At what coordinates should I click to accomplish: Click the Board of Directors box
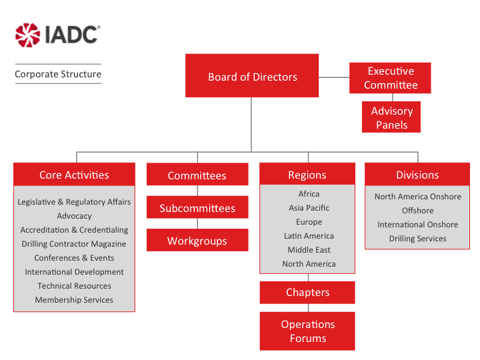pyautogui.click(x=252, y=77)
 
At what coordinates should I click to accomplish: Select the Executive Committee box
pyautogui.click(x=391, y=78)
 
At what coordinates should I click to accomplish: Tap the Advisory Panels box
pyautogui.click(x=391, y=118)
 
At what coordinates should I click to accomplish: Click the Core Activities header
pyautogui.click(x=74, y=175)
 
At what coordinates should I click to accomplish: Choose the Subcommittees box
pyautogui.click(x=197, y=208)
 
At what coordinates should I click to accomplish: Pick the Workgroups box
pyautogui.click(x=197, y=241)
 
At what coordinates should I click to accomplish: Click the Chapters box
pyautogui.click(x=307, y=292)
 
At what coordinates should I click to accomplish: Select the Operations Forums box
pyautogui.click(x=307, y=331)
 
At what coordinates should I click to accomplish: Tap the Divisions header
pyautogui.click(x=417, y=175)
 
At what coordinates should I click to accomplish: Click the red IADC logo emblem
pyautogui.click(x=28, y=35)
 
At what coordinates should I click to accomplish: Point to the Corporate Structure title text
pyautogui.click(x=58, y=74)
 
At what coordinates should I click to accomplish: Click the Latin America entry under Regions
pyautogui.click(x=309, y=236)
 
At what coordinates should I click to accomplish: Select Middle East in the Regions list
pyautogui.click(x=309, y=250)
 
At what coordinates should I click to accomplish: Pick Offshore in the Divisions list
pyautogui.click(x=417, y=211)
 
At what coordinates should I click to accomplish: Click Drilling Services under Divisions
pyautogui.click(x=417, y=239)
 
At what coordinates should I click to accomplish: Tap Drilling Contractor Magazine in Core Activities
pyautogui.click(x=74, y=244)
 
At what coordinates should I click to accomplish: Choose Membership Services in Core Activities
pyautogui.click(x=74, y=300)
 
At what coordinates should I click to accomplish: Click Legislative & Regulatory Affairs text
pyautogui.click(x=74, y=202)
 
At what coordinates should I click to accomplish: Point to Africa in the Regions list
pyautogui.click(x=309, y=194)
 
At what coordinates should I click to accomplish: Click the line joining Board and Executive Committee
pyautogui.click(x=333, y=77)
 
